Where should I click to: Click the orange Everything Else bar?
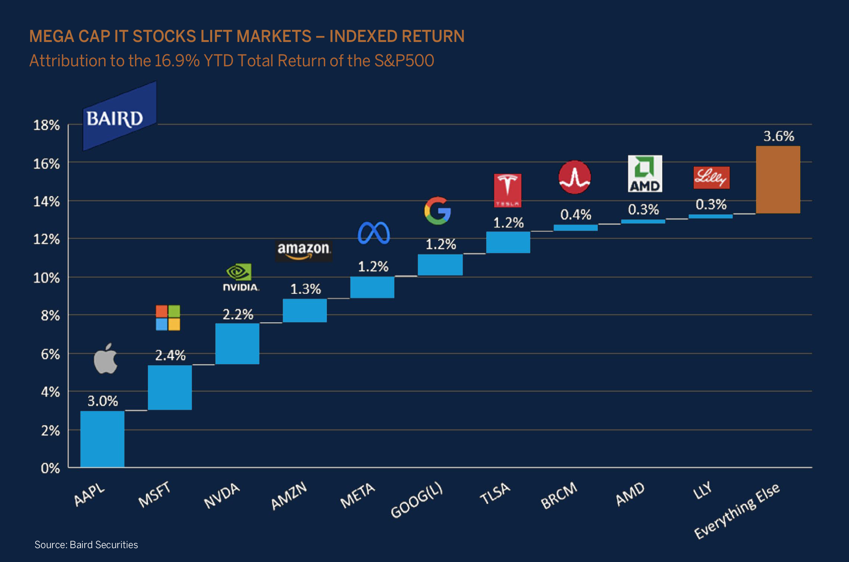pyautogui.click(x=778, y=180)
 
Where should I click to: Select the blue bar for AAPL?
pyautogui.click(x=102, y=439)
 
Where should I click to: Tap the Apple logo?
pyautogui.click(x=105, y=359)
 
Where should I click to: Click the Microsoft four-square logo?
pyautogui.click(x=168, y=318)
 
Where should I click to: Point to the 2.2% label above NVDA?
pyautogui.click(x=238, y=314)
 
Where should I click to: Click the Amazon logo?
pyautogui.click(x=304, y=250)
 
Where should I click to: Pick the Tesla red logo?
pyautogui.click(x=508, y=190)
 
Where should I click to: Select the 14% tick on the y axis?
pyautogui.click(x=46, y=202)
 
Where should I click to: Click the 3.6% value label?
pyautogui.click(x=779, y=136)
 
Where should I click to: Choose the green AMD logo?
pyautogui.click(x=645, y=173)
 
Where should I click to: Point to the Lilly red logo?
pyautogui.click(x=711, y=178)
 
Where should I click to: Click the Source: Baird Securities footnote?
pyautogui.click(x=86, y=544)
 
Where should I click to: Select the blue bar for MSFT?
pyautogui.click(x=170, y=387)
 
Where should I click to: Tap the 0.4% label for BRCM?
pyautogui.click(x=575, y=215)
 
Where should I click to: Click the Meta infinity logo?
pyautogui.click(x=374, y=233)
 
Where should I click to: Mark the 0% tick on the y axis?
pyautogui.click(x=50, y=468)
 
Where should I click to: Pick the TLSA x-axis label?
pyautogui.click(x=495, y=493)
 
